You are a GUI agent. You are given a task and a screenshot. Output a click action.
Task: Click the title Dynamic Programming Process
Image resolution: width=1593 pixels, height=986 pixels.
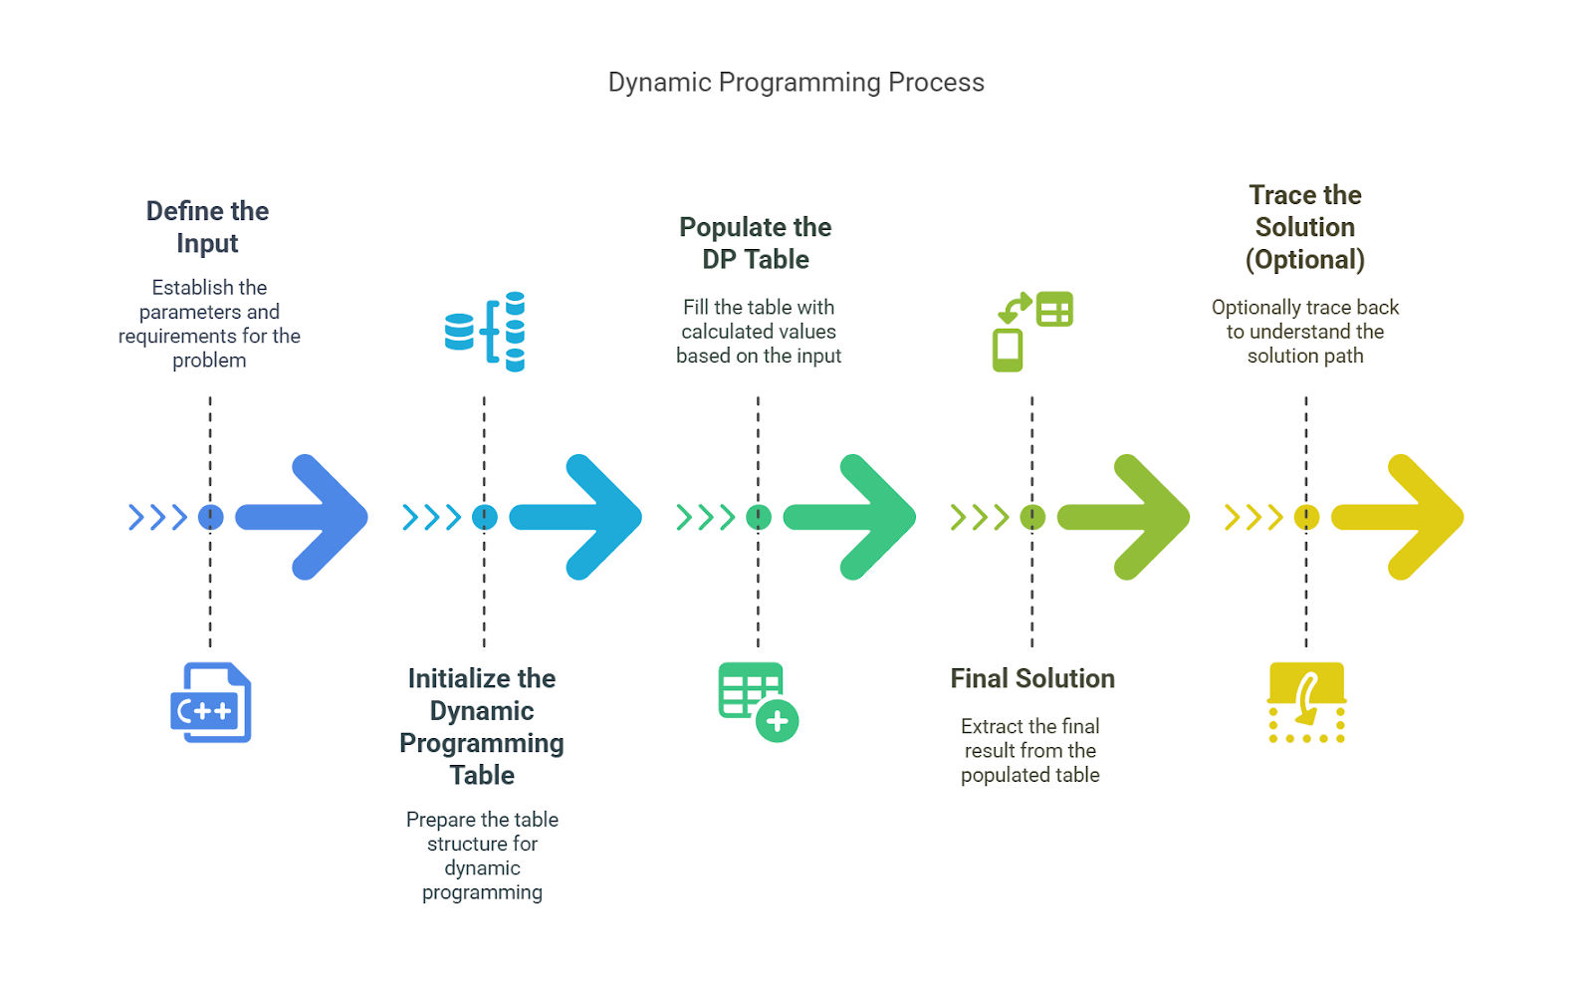click(796, 83)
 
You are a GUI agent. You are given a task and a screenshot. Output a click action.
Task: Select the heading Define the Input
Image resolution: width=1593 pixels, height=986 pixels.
click(208, 227)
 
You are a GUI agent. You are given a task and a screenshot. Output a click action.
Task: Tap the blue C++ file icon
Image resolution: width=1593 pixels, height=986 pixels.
click(210, 703)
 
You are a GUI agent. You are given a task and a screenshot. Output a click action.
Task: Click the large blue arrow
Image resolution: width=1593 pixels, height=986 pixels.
click(302, 517)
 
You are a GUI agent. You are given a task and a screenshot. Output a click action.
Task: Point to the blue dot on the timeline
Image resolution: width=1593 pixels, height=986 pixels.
click(210, 517)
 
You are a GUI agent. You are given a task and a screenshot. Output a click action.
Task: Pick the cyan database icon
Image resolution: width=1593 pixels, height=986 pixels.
click(484, 332)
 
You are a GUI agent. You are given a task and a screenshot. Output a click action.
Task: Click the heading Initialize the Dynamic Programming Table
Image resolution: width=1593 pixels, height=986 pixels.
click(482, 726)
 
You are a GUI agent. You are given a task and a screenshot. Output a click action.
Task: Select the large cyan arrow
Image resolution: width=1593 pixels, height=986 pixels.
click(575, 517)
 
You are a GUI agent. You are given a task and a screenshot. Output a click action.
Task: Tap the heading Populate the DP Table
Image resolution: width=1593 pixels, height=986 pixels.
click(756, 243)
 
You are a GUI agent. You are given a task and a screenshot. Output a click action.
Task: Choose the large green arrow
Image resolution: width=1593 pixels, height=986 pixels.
click(849, 517)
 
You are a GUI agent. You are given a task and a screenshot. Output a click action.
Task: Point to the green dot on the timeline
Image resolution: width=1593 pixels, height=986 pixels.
click(759, 517)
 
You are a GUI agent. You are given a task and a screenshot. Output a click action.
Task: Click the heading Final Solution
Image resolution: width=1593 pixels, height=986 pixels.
click(1032, 678)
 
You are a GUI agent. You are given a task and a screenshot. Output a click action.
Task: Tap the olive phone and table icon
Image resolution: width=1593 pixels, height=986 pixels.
click(1032, 332)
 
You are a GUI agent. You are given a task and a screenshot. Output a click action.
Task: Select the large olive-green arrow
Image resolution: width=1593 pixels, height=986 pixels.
click(1124, 517)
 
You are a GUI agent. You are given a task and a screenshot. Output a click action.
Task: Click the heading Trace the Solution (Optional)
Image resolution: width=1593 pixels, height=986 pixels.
click(1305, 227)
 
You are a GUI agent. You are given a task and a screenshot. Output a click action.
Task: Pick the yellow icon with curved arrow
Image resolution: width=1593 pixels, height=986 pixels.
click(1306, 703)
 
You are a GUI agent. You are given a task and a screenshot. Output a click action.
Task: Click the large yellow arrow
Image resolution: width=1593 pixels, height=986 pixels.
click(1398, 517)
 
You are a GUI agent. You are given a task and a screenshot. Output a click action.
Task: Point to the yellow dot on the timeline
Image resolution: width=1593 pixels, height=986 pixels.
click(1306, 517)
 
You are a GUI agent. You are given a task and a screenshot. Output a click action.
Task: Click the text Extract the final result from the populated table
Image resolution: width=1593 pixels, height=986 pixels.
click(1030, 751)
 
